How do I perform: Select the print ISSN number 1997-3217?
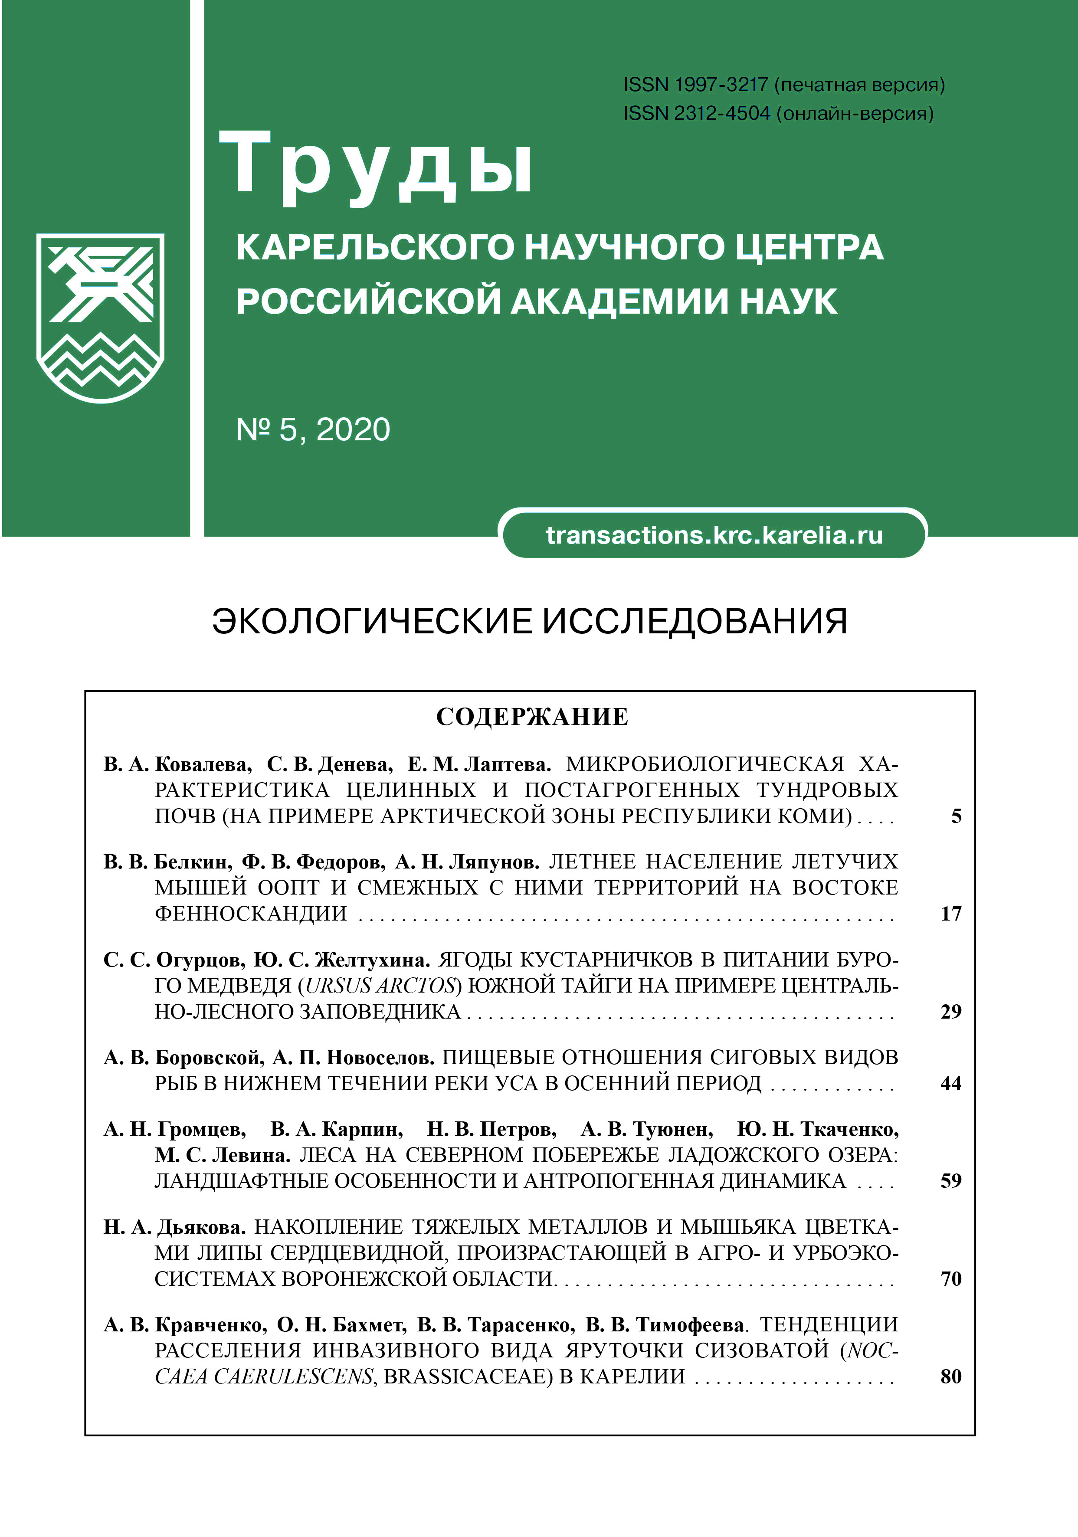721,85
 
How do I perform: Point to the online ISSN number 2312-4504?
722,113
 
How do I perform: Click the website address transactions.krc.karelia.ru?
714,535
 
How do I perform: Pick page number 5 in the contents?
956,816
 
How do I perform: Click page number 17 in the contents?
951,914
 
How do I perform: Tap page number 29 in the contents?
951,1012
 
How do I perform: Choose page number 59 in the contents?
951,1181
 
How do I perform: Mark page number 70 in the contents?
951,1278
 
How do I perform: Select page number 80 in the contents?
951,1376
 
